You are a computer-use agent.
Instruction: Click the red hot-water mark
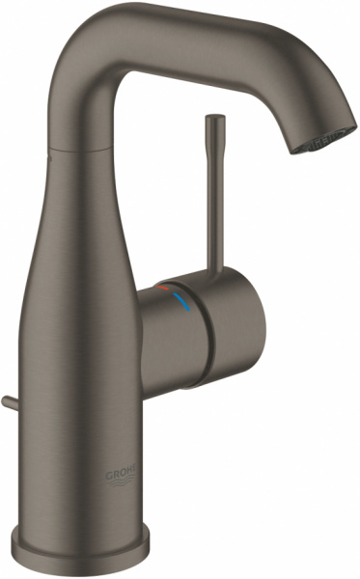[x=167, y=289]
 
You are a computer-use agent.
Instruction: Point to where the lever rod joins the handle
[x=211, y=274]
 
